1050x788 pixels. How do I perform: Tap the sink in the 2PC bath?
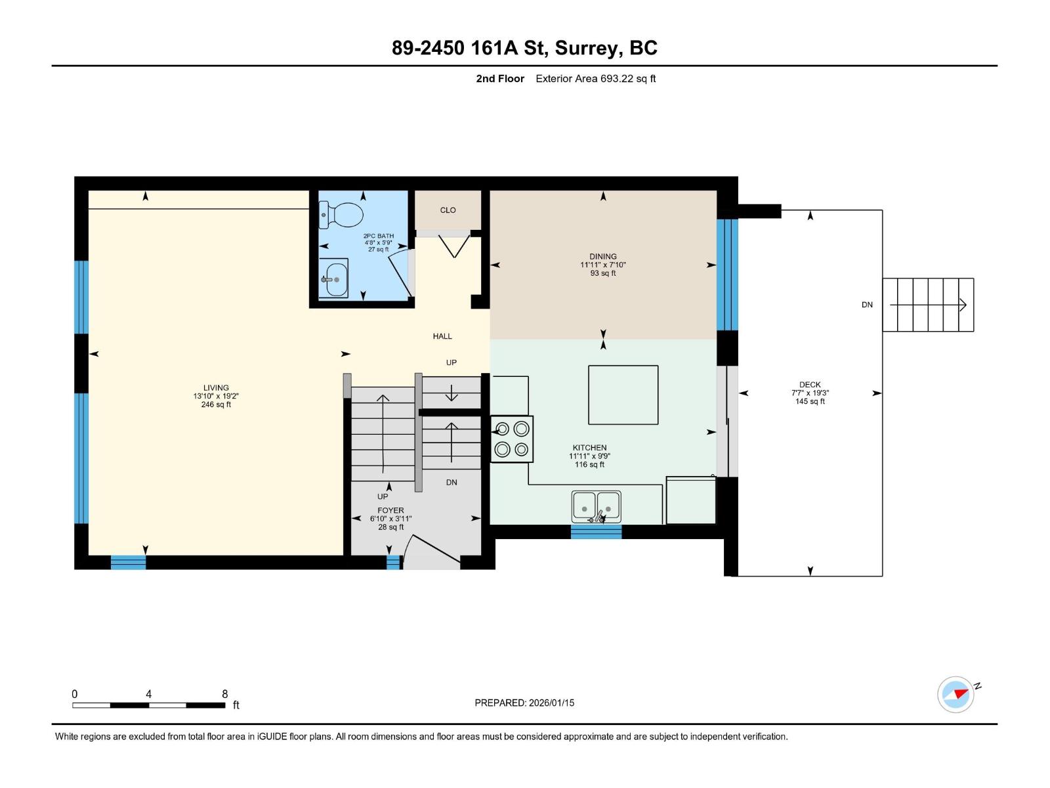pyautogui.click(x=334, y=278)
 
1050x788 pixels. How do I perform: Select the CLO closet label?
pyautogui.click(x=448, y=210)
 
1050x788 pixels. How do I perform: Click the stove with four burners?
pyautogui.click(x=512, y=439)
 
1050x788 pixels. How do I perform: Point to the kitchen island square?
pyautogui.click(x=623, y=395)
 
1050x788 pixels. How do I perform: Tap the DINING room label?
pyautogui.click(x=602, y=257)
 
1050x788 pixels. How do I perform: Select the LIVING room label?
pyautogui.click(x=216, y=387)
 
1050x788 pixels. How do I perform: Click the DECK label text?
pyautogui.click(x=810, y=385)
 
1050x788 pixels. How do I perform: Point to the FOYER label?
pyautogui.click(x=390, y=510)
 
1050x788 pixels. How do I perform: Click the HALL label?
pyautogui.click(x=442, y=336)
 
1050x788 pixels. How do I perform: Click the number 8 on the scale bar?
pyautogui.click(x=225, y=694)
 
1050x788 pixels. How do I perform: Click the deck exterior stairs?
pyautogui.click(x=928, y=305)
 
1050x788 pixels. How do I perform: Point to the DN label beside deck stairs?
pyautogui.click(x=867, y=305)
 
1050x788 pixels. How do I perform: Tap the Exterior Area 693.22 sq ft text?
pyautogui.click(x=595, y=79)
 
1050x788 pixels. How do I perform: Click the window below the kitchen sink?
pyautogui.click(x=596, y=532)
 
